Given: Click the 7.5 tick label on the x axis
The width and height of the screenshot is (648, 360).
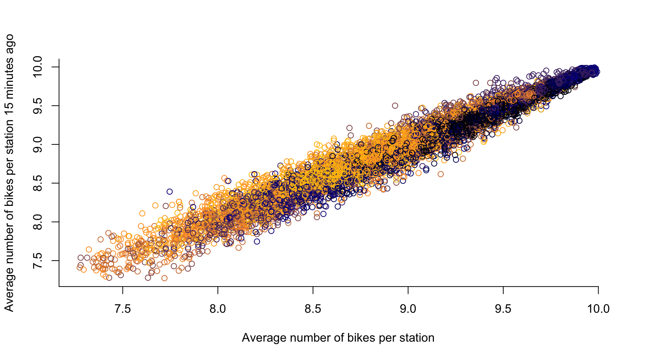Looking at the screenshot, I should tap(123, 309).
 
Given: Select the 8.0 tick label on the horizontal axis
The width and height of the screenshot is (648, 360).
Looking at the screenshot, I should tap(218, 309).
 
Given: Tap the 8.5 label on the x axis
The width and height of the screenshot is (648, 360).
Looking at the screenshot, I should tap(313, 309).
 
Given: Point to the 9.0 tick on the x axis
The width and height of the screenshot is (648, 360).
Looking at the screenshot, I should tap(408, 309).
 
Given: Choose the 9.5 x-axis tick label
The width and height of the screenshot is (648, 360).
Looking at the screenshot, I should tap(503, 309).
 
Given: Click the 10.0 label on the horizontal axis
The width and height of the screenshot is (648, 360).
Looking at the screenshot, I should tap(598, 309).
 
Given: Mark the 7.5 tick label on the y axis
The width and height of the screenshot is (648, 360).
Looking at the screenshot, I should tap(38, 261).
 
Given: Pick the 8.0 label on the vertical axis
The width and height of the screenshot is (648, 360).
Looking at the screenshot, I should tap(38, 222).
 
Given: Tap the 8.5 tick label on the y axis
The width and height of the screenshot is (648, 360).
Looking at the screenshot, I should tap(38, 183).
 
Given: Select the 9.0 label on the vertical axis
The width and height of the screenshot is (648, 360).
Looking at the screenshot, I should tap(38, 144).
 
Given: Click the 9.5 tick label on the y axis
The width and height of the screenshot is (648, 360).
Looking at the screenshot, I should tap(38, 106).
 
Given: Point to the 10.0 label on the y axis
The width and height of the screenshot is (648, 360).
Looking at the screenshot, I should tap(38, 67).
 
